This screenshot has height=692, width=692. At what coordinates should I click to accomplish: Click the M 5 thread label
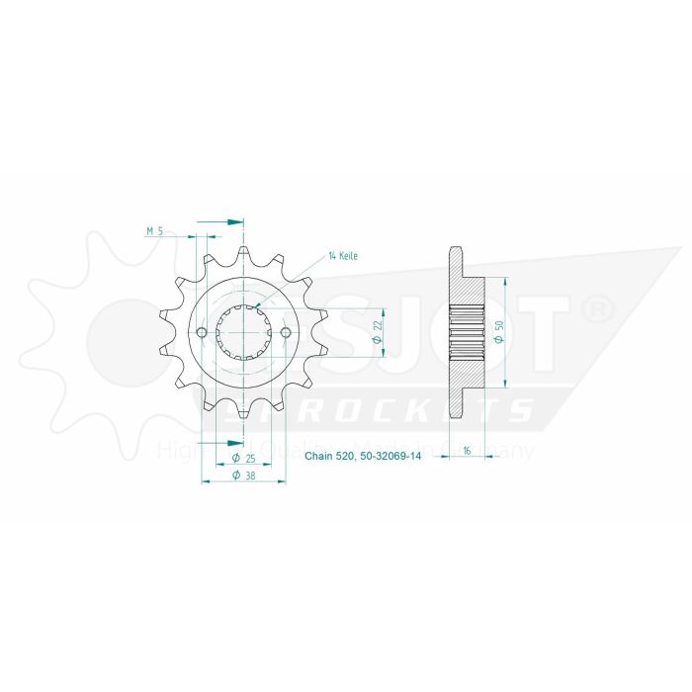154,230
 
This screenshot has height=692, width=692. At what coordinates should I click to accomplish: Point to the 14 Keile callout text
342,256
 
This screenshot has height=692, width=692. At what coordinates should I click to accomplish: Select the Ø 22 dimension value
378,331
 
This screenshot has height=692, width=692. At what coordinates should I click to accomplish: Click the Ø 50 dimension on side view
501,332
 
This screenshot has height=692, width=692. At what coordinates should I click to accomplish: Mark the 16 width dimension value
466,450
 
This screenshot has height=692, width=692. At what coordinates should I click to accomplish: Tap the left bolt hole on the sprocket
202,331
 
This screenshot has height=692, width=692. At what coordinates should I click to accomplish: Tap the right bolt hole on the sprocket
286,331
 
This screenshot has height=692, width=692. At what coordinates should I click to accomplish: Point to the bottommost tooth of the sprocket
244,412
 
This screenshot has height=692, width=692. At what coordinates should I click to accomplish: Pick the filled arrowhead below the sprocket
234,440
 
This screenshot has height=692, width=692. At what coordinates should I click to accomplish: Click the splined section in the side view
466,331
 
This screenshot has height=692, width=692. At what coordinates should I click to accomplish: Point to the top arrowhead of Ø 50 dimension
507,280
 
